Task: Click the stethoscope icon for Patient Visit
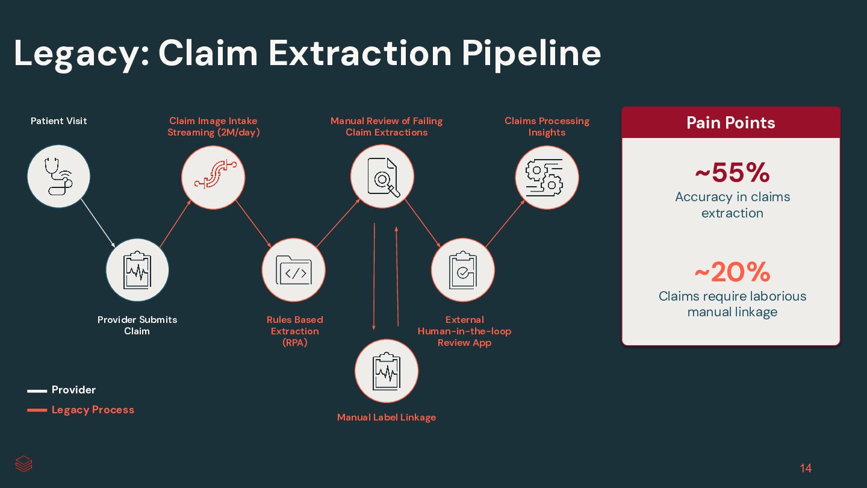click(x=58, y=177)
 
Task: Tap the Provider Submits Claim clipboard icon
click(x=137, y=270)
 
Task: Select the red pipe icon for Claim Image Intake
click(x=213, y=177)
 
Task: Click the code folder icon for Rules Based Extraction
click(x=294, y=270)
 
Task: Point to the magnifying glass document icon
click(x=382, y=177)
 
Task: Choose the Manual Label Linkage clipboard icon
click(x=387, y=371)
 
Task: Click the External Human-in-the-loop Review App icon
click(x=463, y=270)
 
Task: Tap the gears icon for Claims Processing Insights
click(x=547, y=177)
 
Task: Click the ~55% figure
click(x=732, y=173)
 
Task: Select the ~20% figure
click(x=732, y=272)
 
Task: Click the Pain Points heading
click(x=731, y=123)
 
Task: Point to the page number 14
click(x=806, y=468)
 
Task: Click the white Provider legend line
click(x=37, y=391)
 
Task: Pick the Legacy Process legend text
click(x=93, y=410)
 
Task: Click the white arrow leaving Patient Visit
click(x=98, y=223)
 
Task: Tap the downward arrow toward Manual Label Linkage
click(x=374, y=277)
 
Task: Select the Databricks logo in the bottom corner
click(x=24, y=464)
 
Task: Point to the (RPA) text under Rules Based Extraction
click(x=295, y=343)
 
